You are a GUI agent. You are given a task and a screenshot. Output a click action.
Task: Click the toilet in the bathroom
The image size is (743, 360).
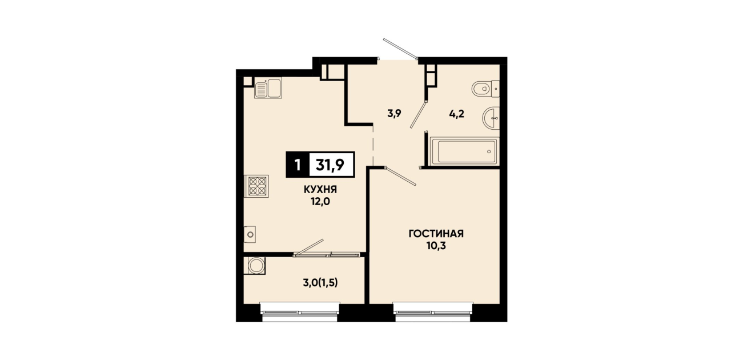click(485, 89)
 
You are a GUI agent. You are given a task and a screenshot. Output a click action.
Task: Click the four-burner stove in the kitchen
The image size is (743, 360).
click(257, 186)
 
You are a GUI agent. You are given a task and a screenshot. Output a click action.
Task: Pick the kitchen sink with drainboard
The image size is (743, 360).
click(268, 88)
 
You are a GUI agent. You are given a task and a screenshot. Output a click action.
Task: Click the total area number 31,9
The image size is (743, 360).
click(330, 165)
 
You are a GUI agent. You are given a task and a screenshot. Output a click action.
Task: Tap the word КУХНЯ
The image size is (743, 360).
click(320, 190)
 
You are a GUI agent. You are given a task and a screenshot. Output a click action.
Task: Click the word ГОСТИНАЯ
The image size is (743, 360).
click(436, 234)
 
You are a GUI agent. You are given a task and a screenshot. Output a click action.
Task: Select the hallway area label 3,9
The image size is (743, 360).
click(395, 114)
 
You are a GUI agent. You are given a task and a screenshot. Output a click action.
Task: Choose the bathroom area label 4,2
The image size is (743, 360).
click(457, 114)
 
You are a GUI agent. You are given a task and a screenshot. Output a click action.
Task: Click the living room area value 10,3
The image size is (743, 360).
click(436, 246)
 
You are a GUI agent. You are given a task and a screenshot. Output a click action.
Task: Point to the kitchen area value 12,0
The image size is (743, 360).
click(320, 201)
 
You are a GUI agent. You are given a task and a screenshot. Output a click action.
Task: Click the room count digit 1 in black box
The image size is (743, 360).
click(298, 165)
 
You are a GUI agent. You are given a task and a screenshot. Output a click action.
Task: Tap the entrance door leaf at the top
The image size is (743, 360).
click(400, 49)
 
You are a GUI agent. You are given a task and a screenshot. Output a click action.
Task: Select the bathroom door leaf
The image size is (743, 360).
click(418, 114)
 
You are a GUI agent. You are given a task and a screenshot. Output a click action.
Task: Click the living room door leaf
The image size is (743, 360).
click(401, 176)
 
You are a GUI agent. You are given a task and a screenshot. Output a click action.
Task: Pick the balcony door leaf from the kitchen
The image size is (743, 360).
click(309, 247)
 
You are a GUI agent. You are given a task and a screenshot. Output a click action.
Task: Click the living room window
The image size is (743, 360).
click(433, 313)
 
